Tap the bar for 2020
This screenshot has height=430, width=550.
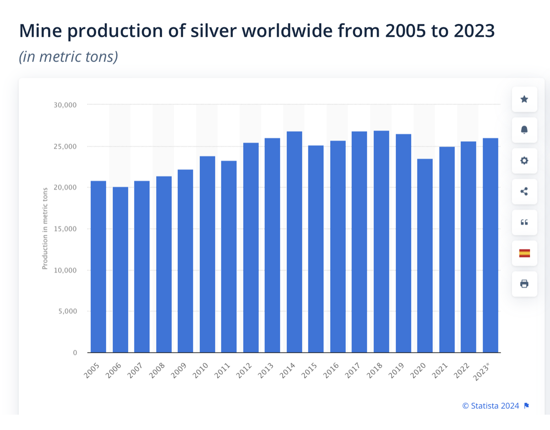pyautogui.click(x=425, y=256)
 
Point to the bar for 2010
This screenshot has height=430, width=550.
pyautogui.click(x=208, y=254)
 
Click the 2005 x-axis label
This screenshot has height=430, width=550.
pyautogui.click(x=92, y=371)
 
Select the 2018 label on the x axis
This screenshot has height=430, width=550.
pyautogui.click(x=375, y=371)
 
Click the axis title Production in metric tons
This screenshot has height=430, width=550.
pyautogui.click(x=45, y=228)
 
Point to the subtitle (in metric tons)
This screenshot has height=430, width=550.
pyautogui.click(x=68, y=57)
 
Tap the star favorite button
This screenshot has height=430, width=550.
pyautogui.click(x=524, y=99)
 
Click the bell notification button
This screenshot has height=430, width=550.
pyautogui.click(x=524, y=130)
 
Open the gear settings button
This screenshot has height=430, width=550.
pyautogui.click(x=524, y=160)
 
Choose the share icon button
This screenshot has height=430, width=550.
pyautogui.click(x=524, y=192)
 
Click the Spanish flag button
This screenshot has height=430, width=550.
pyautogui.click(x=524, y=253)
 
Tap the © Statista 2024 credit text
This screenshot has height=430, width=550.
pyautogui.click(x=490, y=406)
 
